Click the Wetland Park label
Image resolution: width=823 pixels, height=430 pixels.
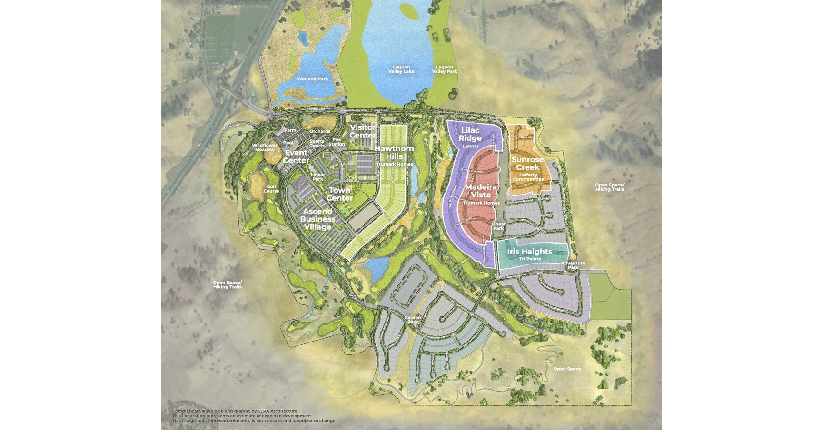tap(313, 79)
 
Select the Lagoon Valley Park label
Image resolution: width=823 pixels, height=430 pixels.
tap(444, 69)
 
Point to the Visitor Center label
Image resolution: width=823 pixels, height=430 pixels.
tap(363, 131)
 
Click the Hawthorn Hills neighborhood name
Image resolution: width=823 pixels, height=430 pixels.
tap(394, 152)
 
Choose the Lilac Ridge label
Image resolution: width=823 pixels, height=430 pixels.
tap(470, 134)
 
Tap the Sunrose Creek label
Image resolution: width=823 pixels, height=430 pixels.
tap(528, 164)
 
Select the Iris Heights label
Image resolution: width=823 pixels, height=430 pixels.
tap(529, 252)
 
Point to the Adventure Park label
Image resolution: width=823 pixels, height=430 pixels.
tap(573, 265)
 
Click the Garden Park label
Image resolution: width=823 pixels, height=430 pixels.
tap(412, 320)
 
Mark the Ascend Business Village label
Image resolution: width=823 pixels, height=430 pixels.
tap(317, 219)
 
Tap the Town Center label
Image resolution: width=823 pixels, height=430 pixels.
tap(340, 194)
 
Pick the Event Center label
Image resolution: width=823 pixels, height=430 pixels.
tap(296, 156)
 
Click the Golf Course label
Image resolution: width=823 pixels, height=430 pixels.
tap(271, 189)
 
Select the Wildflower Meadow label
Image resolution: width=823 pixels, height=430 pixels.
tap(264, 147)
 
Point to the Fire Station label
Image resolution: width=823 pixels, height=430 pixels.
tap(336, 142)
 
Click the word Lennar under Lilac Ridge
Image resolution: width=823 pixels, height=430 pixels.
tap(470, 146)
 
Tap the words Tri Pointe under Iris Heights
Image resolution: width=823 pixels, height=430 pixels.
tap(529, 259)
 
